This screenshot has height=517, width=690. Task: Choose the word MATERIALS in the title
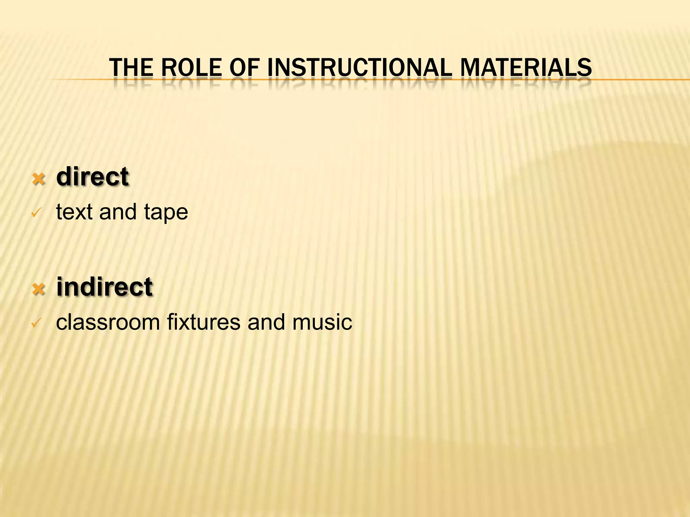pos(526,67)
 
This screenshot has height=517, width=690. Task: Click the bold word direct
pos(93,177)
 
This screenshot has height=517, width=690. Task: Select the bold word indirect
pos(104,287)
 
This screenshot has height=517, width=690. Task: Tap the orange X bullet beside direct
pos(39,179)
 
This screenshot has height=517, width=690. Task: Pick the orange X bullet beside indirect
pos(39,289)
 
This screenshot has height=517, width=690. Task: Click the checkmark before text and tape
pos(36,213)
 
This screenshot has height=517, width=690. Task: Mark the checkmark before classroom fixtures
pos(36,323)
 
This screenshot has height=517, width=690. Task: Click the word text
pos(74,212)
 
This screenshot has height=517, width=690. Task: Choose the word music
pos(322,322)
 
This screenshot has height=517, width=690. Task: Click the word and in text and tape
pos(118,212)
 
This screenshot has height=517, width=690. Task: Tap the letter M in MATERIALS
pos(470,67)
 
